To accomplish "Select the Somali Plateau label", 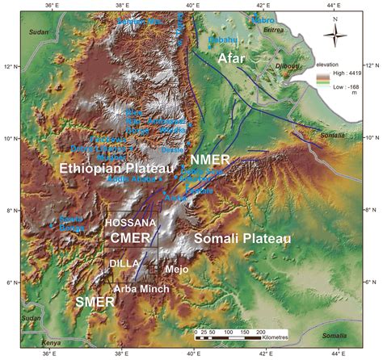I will click(242, 237).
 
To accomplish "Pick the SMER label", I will click(90, 300).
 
